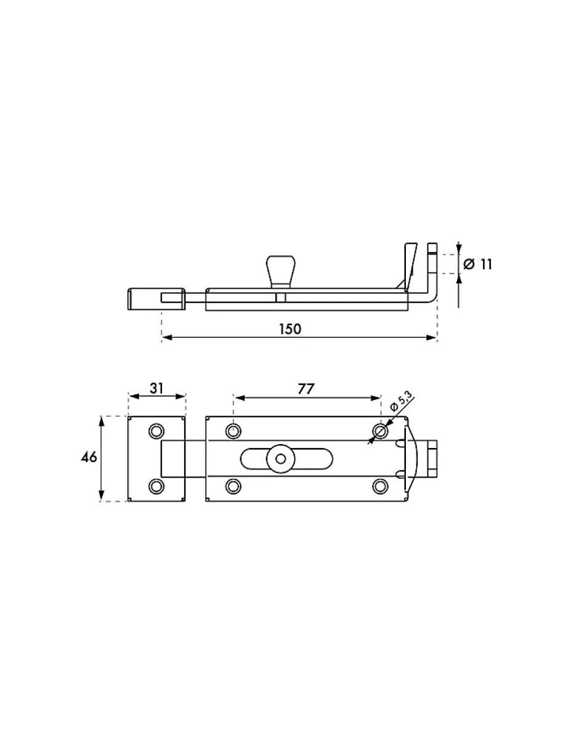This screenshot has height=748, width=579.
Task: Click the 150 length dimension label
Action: (x=290, y=329)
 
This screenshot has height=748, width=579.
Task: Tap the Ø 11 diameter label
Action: (x=477, y=264)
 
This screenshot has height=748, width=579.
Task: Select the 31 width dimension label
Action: (x=156, y=388)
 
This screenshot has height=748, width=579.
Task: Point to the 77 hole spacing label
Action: (x=306, y=389)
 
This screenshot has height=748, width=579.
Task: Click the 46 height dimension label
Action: (x=89, y=457)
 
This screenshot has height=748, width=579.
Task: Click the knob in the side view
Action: (x=280, y=271)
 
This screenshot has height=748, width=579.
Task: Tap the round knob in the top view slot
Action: (x=281, y=459)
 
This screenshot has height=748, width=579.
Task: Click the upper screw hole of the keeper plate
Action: (x=156, y=431)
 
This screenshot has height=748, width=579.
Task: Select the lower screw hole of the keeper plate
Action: (x=156, y=486)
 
